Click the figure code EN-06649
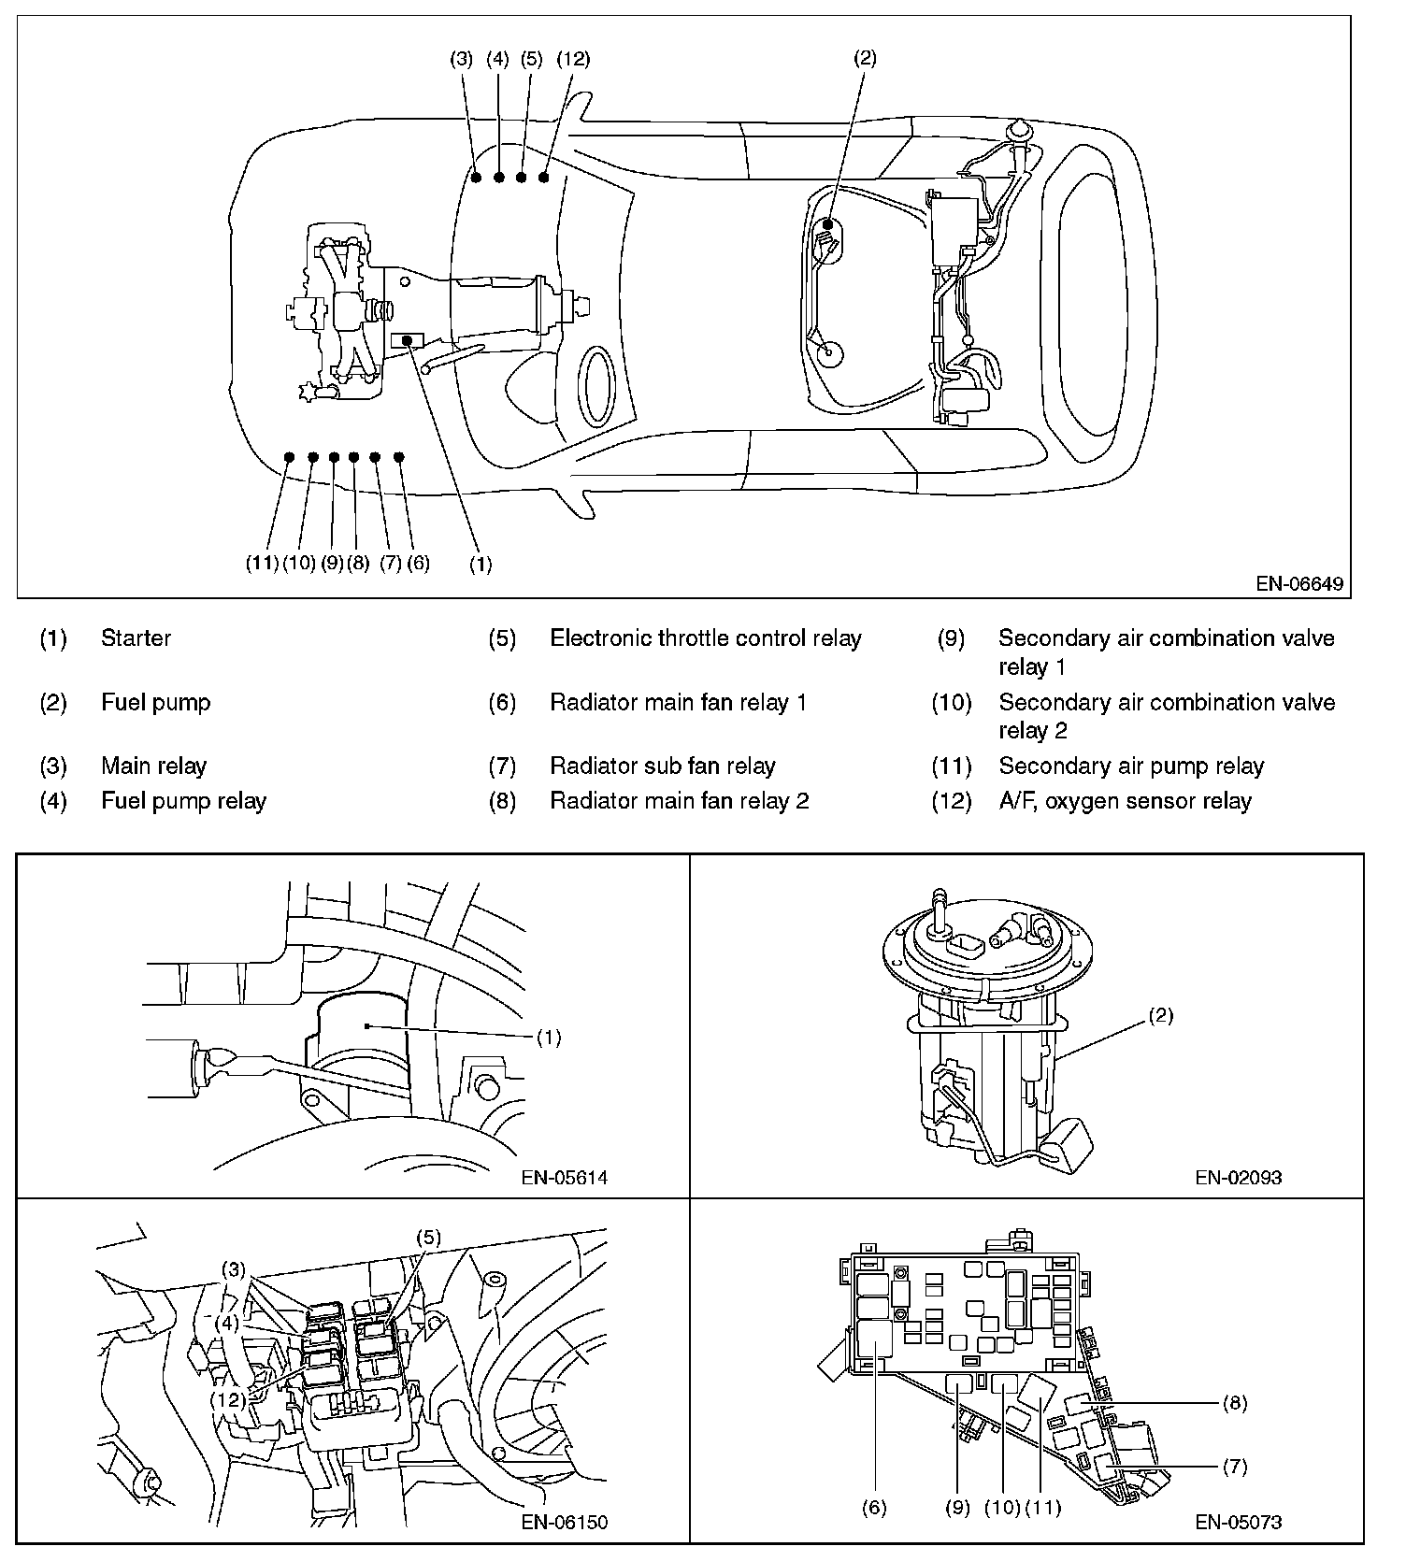pos(1298,584)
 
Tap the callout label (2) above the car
pos(865,58)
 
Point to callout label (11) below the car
pos(262,563)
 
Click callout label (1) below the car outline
pos(480,564)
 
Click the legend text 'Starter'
pos(136,638)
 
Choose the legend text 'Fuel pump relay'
pos(183,801)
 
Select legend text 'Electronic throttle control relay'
pos(705,638)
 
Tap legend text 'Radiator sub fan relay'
pos(662,766)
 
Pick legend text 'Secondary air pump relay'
pos(1130,766)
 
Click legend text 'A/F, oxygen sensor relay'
pos(1124,801)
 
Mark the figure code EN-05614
pos(564,1178)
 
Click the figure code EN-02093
pos(1238,1178)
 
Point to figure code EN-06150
pos(564,1522)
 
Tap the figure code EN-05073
pos(1238,1522)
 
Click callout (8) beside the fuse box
pos(1234,1403)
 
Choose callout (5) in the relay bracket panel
pos(427,1238)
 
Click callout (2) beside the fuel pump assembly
pos(1159,1016)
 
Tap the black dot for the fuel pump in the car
pos(827,224)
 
